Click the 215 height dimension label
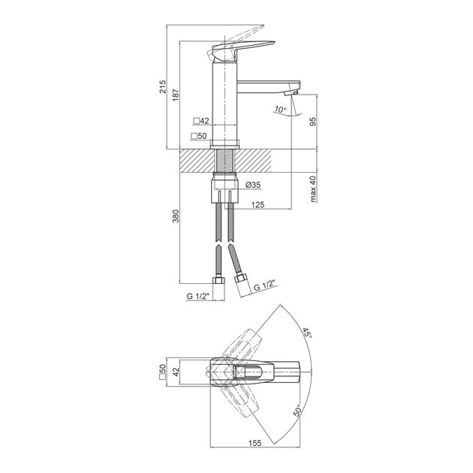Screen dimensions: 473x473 pyautogui.click(x=163, y=86)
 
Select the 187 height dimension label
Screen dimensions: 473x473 pyautogui.click(x=176, y=95)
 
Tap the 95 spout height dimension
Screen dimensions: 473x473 pyautogui.click(x=313, y=122)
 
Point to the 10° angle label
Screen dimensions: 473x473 pyautogui.click(x=280, y=109)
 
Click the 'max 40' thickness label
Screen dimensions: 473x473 pyautogui.click(x=313, y=189)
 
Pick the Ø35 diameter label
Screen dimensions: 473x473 pyautogui.click(x=253, y=185)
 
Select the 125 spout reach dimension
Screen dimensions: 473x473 pyautogui.click(x=258, y=205)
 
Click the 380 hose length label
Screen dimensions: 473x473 pyautogui.click(x=176, y=216)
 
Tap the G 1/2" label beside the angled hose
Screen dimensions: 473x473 pyautogui.click(x=265, y=285)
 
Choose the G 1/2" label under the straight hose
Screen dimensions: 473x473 pyautogui.click(x=198, y=297)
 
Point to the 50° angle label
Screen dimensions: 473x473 pyautogui.click(x=298, y=411)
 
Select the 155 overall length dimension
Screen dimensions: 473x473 pyautogui.click(x=255, y=443)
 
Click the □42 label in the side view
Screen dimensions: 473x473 pyautogui.click(x=201, y=121)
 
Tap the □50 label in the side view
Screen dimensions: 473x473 pyautogui.click(x=199, y=136)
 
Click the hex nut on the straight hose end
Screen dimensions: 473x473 pyautogui.click(x=218, y=280)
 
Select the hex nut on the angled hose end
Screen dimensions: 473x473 pyautogui.click(x=241, y=277)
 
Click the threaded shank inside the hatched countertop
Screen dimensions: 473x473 pyautogui.click(x=224, y=161)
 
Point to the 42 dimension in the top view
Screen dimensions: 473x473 pyautogui.click(x=176, y=372)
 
